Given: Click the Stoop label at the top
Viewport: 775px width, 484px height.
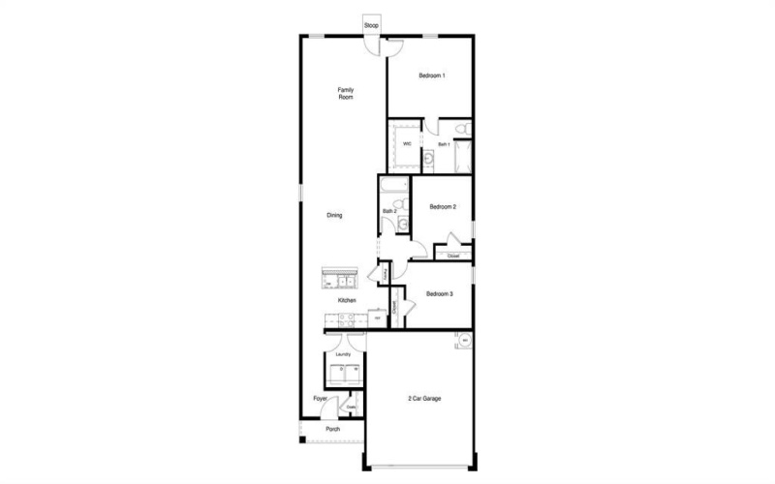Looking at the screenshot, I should (x=371, y=24).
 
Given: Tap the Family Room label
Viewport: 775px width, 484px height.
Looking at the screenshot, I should (x=345, y=94).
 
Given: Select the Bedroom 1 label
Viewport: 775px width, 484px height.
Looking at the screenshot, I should (x=431, y=76).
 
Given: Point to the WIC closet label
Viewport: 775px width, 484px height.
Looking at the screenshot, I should (x=407, y=144).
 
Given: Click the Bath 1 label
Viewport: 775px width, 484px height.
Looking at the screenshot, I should (x=444, y=144).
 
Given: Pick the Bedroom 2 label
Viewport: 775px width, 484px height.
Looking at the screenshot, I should (x=443, y=206).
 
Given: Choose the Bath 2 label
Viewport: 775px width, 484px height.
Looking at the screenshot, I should (x=389, y=211).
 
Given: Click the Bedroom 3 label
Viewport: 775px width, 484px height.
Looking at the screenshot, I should (x=440, y=293).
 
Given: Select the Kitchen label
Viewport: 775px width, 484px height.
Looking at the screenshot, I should (x=346, y=301).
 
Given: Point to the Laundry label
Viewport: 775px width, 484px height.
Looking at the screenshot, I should (x=343, y=354).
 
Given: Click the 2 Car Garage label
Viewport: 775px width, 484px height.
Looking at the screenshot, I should (x=423, y=398).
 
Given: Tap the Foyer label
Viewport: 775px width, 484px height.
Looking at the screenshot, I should (x=319, y=398).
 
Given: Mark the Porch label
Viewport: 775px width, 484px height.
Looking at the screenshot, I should (x=332, y=429).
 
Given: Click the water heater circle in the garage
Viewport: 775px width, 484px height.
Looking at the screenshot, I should (x=465, y=341).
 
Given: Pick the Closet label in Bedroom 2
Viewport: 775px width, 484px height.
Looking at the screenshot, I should (x=452, y=256).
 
